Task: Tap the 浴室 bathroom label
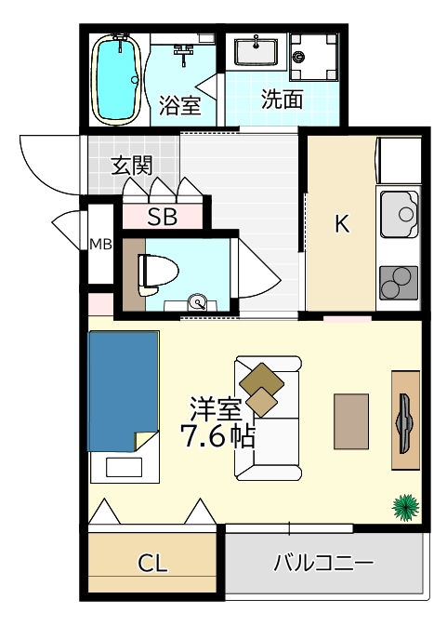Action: [x=180, y=104]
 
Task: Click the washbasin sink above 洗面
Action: [x=256, y=50]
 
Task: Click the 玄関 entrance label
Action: [x=132, y=166]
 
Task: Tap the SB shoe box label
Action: [x=163, y=218]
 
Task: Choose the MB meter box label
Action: [x=99, y=245]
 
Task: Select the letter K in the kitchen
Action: [x=342, y=224]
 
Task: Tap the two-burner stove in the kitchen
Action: [x=400, y=281]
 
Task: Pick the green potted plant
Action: [x=406, y=506]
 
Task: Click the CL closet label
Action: [x=152, y=564]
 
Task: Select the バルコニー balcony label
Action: [x=322, y=564]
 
